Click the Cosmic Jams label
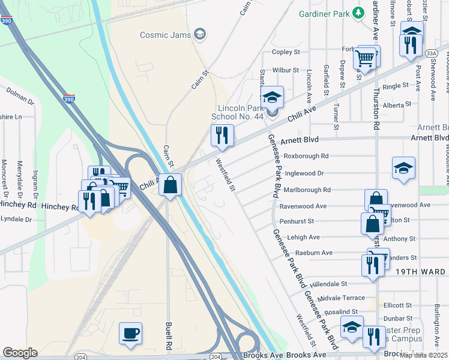(x=166, y=35)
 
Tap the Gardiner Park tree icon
(x=359, y=13)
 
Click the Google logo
(x=20, y=352)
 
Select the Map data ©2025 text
(x=424, y=355)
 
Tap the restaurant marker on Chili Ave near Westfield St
(x=222, y=136)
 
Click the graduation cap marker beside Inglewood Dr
(x=403, y=169)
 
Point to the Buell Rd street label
(x=169, y=336)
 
